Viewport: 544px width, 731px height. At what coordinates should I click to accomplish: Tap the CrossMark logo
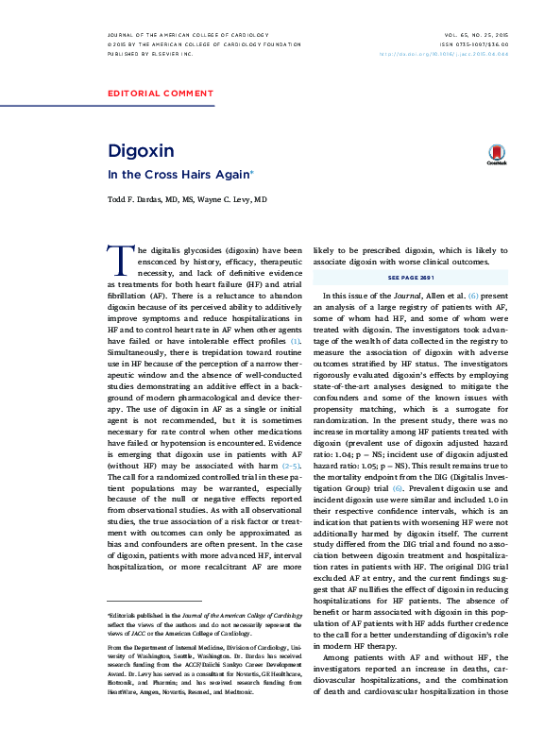pos(496,155)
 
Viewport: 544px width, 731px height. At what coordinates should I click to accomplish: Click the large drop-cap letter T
pos(120,260)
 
